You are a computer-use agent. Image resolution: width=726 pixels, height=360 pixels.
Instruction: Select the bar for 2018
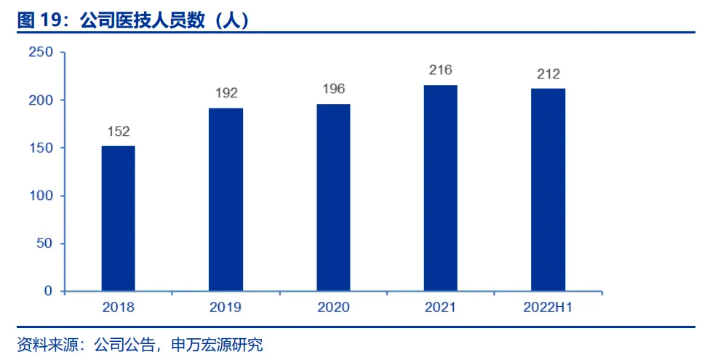[118, 218]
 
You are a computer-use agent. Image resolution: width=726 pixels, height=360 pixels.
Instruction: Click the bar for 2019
[226, 199]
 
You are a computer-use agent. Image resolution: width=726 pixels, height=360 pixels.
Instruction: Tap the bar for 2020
[333, 197]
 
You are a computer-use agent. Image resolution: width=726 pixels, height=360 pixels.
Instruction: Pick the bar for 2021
[441, 188]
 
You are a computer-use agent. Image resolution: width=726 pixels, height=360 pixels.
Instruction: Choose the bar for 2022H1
[548, 189]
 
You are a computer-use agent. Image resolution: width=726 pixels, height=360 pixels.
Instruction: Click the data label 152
[118, 132]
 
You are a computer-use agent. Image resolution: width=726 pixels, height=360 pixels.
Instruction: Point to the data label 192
[226, 93]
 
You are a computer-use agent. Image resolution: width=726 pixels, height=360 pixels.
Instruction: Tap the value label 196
[333, 89]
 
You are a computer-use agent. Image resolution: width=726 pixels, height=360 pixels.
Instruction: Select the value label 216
[441, 70]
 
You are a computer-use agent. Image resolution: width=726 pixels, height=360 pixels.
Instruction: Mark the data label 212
[548, 73]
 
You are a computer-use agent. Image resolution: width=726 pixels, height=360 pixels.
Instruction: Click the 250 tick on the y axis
[41, 52]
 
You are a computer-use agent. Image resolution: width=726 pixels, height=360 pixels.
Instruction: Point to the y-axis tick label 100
[41, 196]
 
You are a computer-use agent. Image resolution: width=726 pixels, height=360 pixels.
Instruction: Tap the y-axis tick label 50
[45, 243]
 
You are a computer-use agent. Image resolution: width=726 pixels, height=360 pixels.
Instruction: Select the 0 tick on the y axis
[49, 291]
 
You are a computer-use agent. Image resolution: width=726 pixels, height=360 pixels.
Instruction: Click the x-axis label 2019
[226, 308]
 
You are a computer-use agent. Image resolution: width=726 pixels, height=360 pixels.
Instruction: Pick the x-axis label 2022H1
[548, 308]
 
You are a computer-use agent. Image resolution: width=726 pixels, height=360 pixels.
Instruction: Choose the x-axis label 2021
[441, 308]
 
